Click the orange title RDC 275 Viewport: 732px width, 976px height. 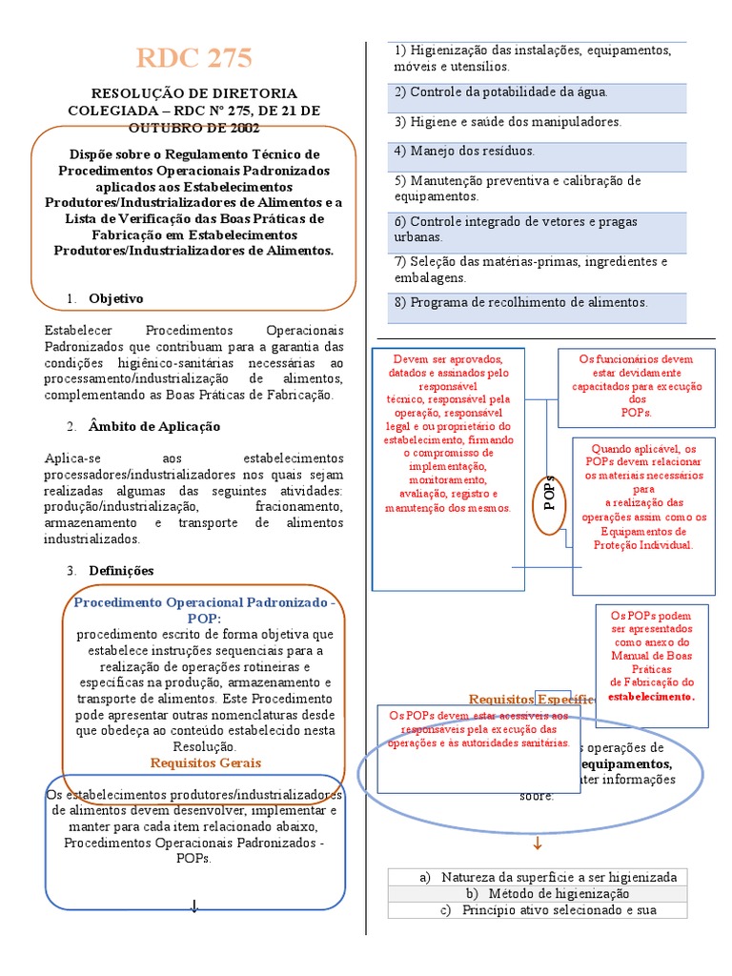pyautogui.click(x=193, y=58)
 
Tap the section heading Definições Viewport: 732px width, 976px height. pyautogui.click(x=120, y=570)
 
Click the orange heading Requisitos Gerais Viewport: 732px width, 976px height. pyautogui.click(x=205, y=762)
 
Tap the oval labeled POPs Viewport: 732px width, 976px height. pyautogui.click(x=549, y=494)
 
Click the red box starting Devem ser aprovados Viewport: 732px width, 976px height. pyautogui.click(x=448, y=434)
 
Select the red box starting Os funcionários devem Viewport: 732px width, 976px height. pyautogui.click(x=637, y=386)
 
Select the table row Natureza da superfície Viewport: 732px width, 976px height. pyautogui.click(x=548, y=877)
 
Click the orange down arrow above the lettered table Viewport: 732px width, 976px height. pyautogui.click(x=537, y=843)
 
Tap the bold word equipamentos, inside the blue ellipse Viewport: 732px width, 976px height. pyautogui.click(x=624, y=763)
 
